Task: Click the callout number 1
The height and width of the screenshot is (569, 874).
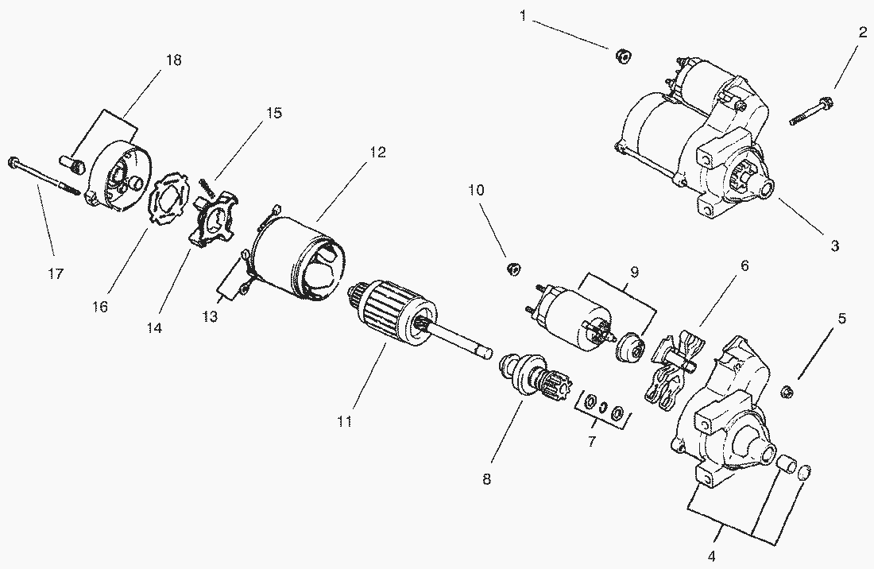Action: click(523, 15)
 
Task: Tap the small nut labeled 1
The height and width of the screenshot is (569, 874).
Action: click(624, 56)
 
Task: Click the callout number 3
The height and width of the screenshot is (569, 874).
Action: click(834, 246)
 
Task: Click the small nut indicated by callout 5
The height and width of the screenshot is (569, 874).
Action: click(788, 389)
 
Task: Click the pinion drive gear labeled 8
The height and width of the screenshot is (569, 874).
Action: click(528, 377)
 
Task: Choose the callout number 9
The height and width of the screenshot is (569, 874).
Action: click(633, 272)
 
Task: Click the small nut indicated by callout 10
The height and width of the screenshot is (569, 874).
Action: click(513, 269)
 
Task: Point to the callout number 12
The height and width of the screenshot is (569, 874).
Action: click(377, 153)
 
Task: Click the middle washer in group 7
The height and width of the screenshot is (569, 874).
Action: click(603, 409)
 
